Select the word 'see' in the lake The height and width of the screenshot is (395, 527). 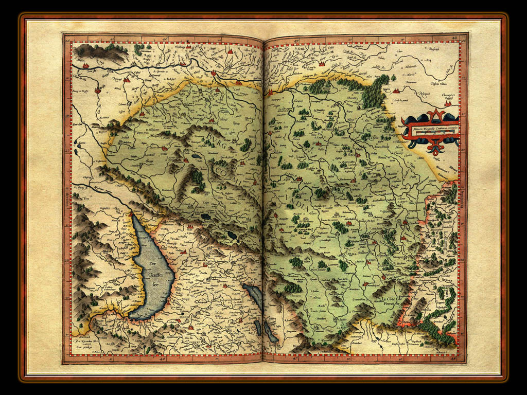153,283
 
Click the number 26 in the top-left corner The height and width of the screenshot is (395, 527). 67,38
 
